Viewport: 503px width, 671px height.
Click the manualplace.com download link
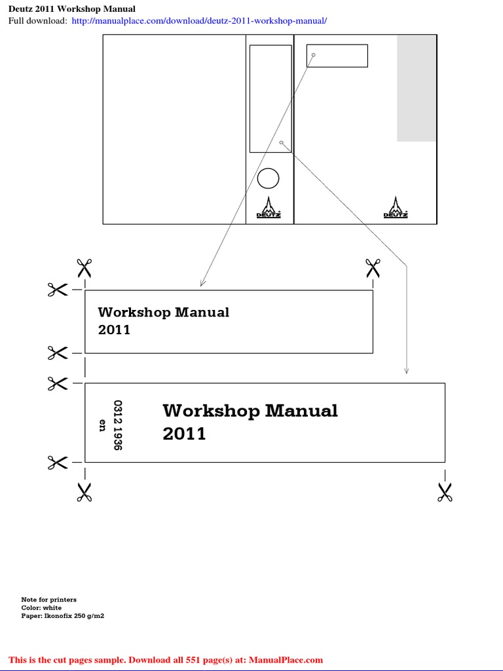[x=199, y=21]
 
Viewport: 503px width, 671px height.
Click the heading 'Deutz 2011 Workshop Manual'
[x=72, y=9]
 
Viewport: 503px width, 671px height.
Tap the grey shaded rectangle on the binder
[x=417, y=88]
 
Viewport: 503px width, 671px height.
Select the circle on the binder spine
[x=268, y=178]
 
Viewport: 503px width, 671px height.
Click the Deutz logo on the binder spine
[x=269, y=208]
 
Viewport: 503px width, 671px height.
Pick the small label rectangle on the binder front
[x=337, y=56]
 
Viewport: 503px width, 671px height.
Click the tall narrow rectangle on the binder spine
[x=270, y=98]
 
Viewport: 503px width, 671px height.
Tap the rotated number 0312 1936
[x=118, y=425]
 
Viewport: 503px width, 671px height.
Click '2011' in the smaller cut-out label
[x=114, y=330]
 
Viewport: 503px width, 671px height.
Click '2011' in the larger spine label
[x=184, y=434]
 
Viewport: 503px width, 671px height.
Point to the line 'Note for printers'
[x=48, y=600]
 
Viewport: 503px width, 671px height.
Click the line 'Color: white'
[x=41, y=608]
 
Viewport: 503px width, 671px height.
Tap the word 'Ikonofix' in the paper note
[x=61, y=617]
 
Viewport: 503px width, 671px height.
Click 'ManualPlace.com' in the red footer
[x=286, y=660]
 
